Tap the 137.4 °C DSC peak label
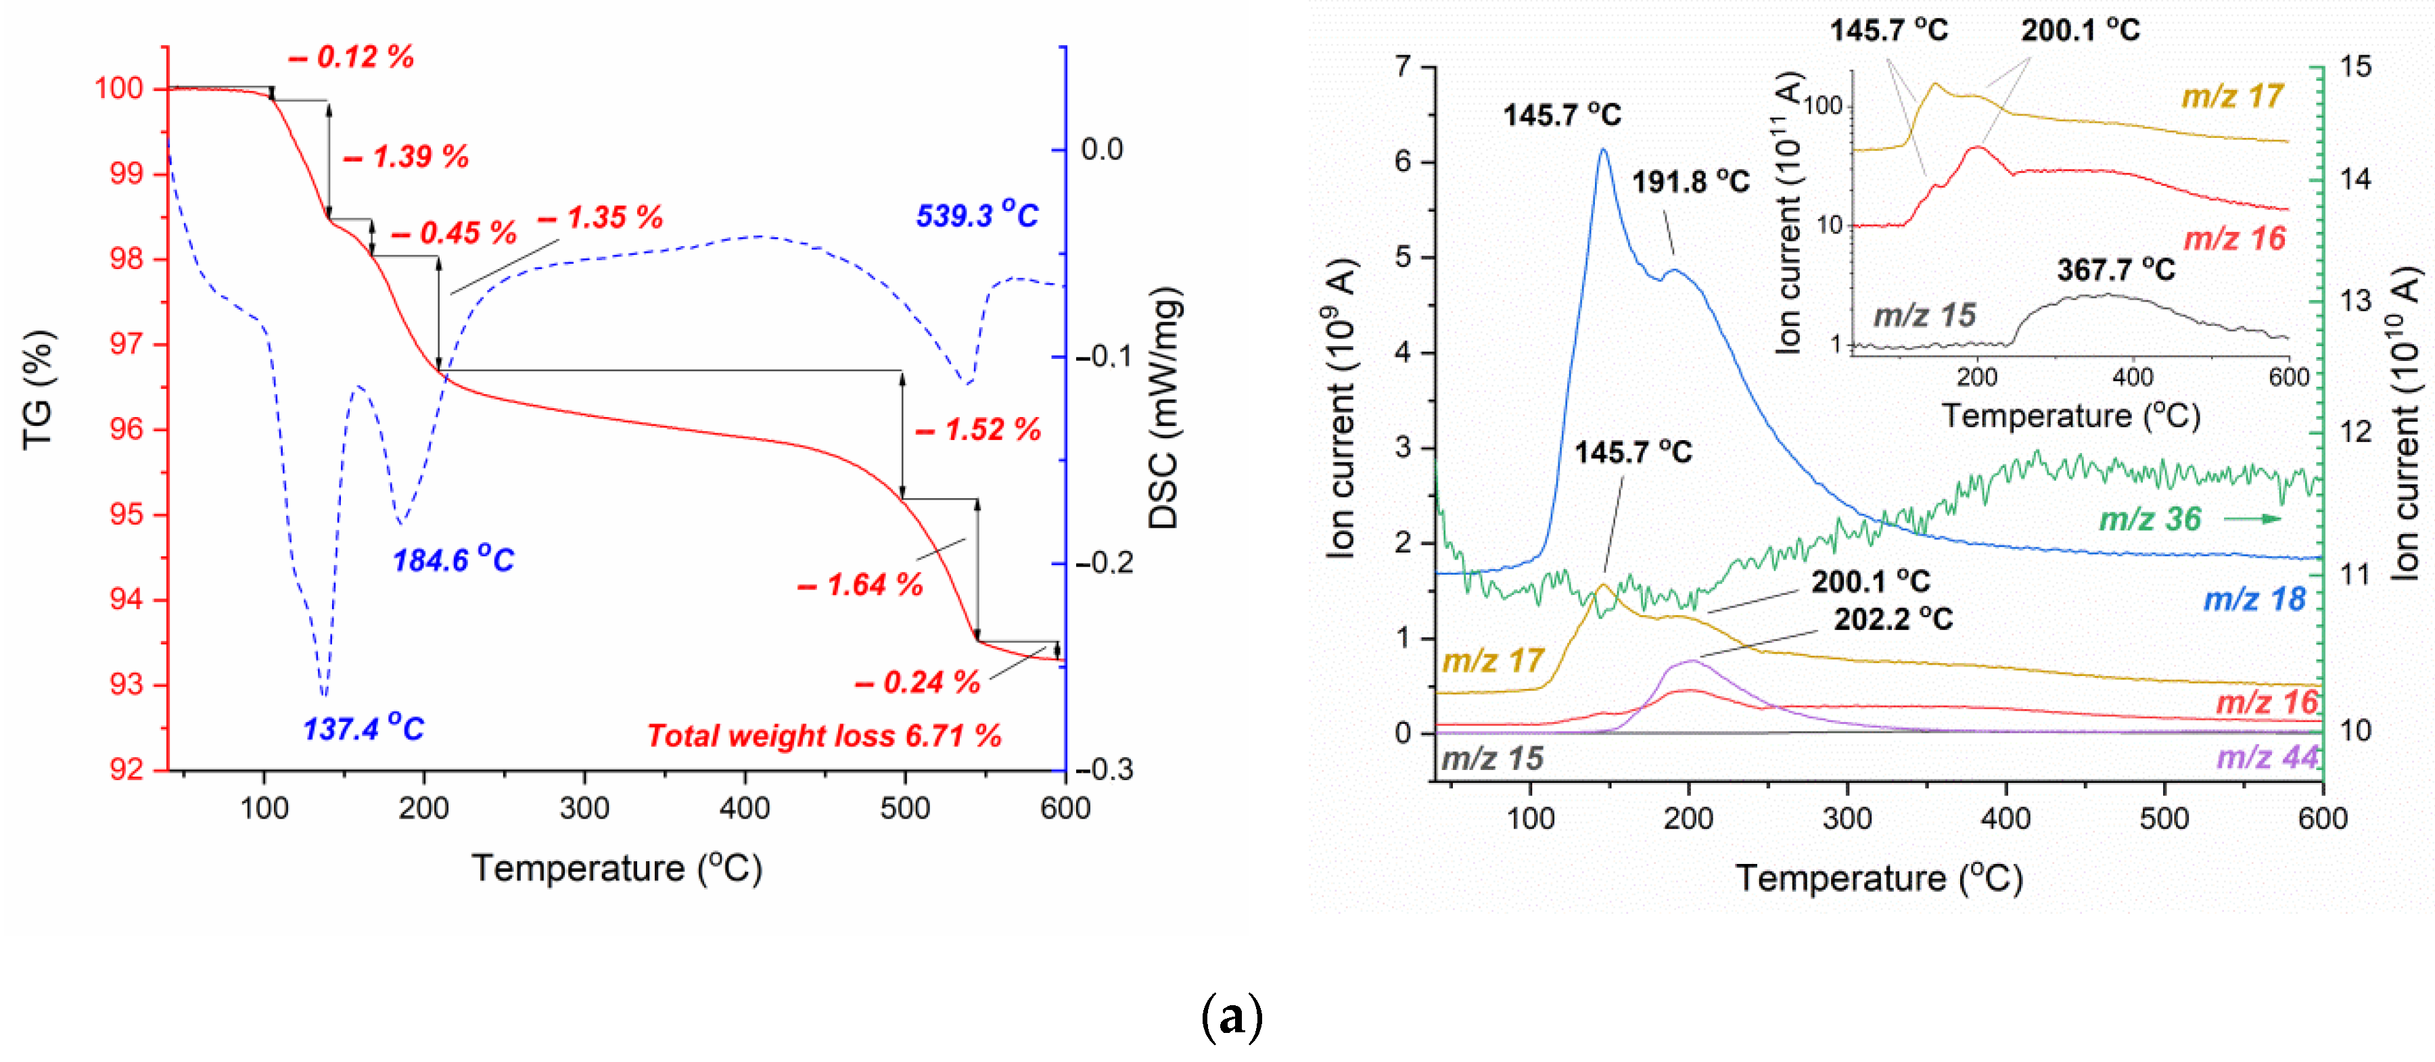363,729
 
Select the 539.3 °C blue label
977,216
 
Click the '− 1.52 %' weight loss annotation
978,430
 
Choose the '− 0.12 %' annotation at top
352,57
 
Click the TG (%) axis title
38,390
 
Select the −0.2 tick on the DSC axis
1099,563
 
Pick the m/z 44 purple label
2267,757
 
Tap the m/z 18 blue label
2254,599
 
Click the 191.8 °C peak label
1690,181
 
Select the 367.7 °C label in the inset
2116,270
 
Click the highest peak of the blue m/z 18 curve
1603,149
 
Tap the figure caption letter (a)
1231,1017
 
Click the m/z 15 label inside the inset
1924,314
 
